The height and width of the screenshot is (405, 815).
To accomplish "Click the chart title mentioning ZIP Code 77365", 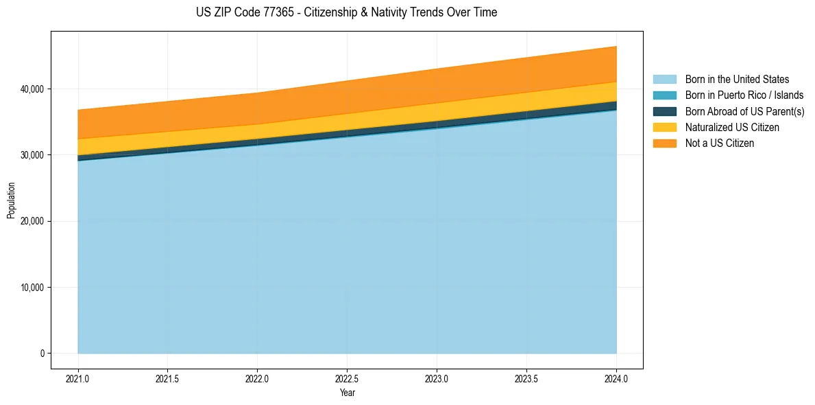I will click(x=347, y=12).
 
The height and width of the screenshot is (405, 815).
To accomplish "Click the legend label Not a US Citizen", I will click(x=719, y=143).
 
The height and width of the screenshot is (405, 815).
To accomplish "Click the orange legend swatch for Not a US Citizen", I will click(x=664, y=143).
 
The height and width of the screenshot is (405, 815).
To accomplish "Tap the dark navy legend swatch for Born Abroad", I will click(x=664, y=111).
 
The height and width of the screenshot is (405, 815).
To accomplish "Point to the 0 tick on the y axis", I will click(x=41, y=354).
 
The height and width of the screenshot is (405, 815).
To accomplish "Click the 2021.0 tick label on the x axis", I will click(x=78, y=378).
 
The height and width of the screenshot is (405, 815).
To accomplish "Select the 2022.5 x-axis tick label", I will click(x=347, y=378).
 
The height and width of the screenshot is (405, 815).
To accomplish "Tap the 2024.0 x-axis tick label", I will click(x=616, y=378).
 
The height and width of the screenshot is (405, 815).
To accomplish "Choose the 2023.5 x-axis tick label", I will click(x=526, y=378).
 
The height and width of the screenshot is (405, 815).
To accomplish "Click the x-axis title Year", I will click(x=347, y=393).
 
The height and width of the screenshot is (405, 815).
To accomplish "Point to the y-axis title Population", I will click(x=11, y=200).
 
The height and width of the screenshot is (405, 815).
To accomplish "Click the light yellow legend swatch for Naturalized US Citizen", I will click(x=664, y=128).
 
